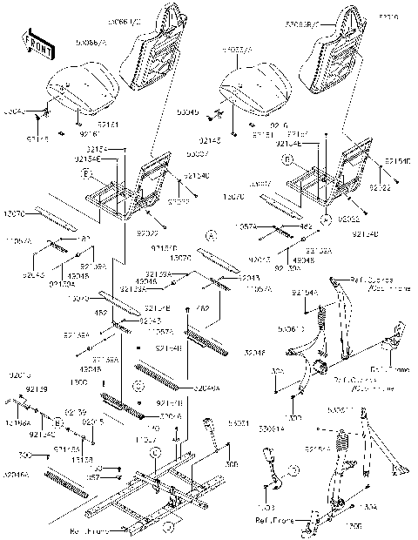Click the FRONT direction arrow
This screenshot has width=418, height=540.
click(34, 44)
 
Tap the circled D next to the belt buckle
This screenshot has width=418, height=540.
click(293, 470)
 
